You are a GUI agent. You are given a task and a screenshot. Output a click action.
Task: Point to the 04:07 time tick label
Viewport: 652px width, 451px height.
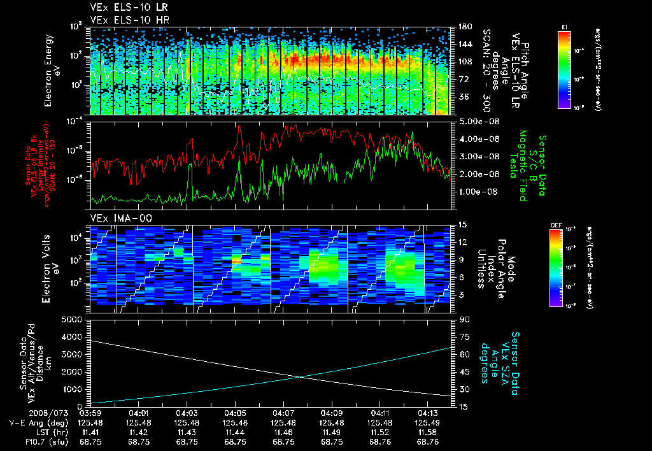[x=283, y=412]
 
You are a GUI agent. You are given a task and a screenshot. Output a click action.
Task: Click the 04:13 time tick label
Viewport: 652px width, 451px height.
[x=428, y=412]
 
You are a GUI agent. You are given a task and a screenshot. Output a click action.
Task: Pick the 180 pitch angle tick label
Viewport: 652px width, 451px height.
[x=463, y=27]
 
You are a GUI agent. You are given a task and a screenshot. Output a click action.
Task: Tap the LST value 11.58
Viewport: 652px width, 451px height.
[x=428, y=431]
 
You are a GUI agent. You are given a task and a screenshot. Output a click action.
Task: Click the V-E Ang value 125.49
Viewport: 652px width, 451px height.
[x=428, y=422]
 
